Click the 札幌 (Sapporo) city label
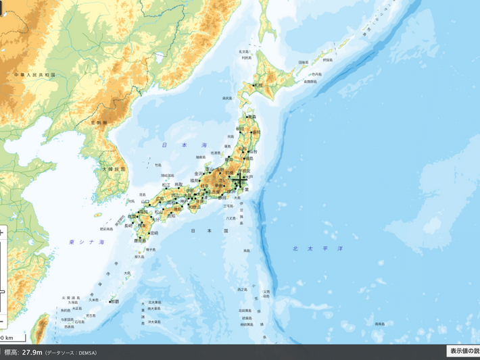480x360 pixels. tap(258, 86)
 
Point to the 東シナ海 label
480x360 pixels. tap(87, 242)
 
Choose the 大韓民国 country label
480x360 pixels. tap(114, 169)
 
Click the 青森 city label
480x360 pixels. tap(253, 117)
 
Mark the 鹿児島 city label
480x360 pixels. tap(141, 240)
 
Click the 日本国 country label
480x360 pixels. tap(201, 231)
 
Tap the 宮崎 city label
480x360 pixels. tap(154, 233)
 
